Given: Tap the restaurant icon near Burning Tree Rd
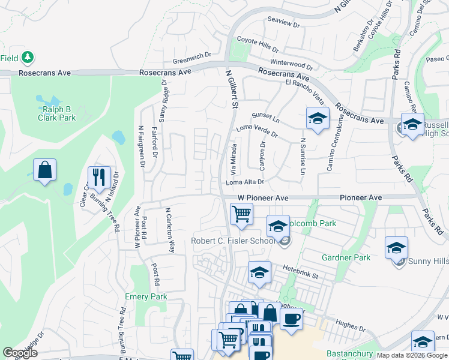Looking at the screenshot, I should (x=99, y=177).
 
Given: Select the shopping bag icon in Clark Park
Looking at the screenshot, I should (x=45, y=170).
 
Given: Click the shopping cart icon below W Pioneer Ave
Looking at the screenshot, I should (x=241, y=214).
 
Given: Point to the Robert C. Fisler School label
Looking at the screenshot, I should (x=234, y=241).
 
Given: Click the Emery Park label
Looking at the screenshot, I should (x=146, y=296).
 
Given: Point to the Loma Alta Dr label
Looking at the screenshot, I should (x=245, y=181).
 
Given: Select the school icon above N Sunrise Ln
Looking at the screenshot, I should (x=318, y=118).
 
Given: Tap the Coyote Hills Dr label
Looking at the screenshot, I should (x=258, y=43).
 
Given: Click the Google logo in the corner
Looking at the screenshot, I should (x=20, y=352).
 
